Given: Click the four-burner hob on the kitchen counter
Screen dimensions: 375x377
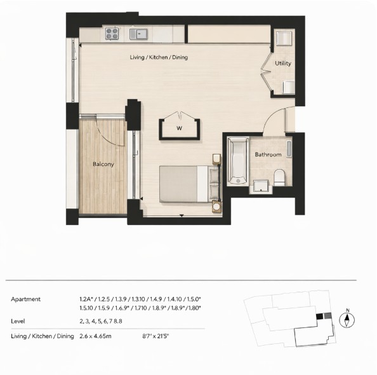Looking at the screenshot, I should [113, 34].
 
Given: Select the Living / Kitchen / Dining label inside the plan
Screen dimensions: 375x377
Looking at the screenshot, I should [159, 58].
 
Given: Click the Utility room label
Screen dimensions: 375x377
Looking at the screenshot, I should [283, 64].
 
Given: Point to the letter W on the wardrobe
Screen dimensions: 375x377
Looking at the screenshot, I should [180, 128].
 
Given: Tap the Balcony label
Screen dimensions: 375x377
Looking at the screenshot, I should [103, 165].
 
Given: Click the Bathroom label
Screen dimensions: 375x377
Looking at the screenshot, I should [268, 154].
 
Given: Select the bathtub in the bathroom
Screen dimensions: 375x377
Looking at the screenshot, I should [237, 160].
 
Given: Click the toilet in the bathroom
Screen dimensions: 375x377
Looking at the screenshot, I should [279, 177].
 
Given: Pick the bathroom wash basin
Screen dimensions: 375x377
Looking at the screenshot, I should [260, 186].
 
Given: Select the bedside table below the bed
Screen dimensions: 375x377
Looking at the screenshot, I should [216, 207].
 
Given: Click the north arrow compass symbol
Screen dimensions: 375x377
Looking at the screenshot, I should [348, 319].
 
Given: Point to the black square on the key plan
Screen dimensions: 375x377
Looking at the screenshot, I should [319, 316].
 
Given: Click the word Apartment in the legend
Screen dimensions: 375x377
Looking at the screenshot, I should [26, 299].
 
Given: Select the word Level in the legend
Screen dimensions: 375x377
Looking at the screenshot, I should [19, 322].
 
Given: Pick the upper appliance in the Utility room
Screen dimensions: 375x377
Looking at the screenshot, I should [284, 38].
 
